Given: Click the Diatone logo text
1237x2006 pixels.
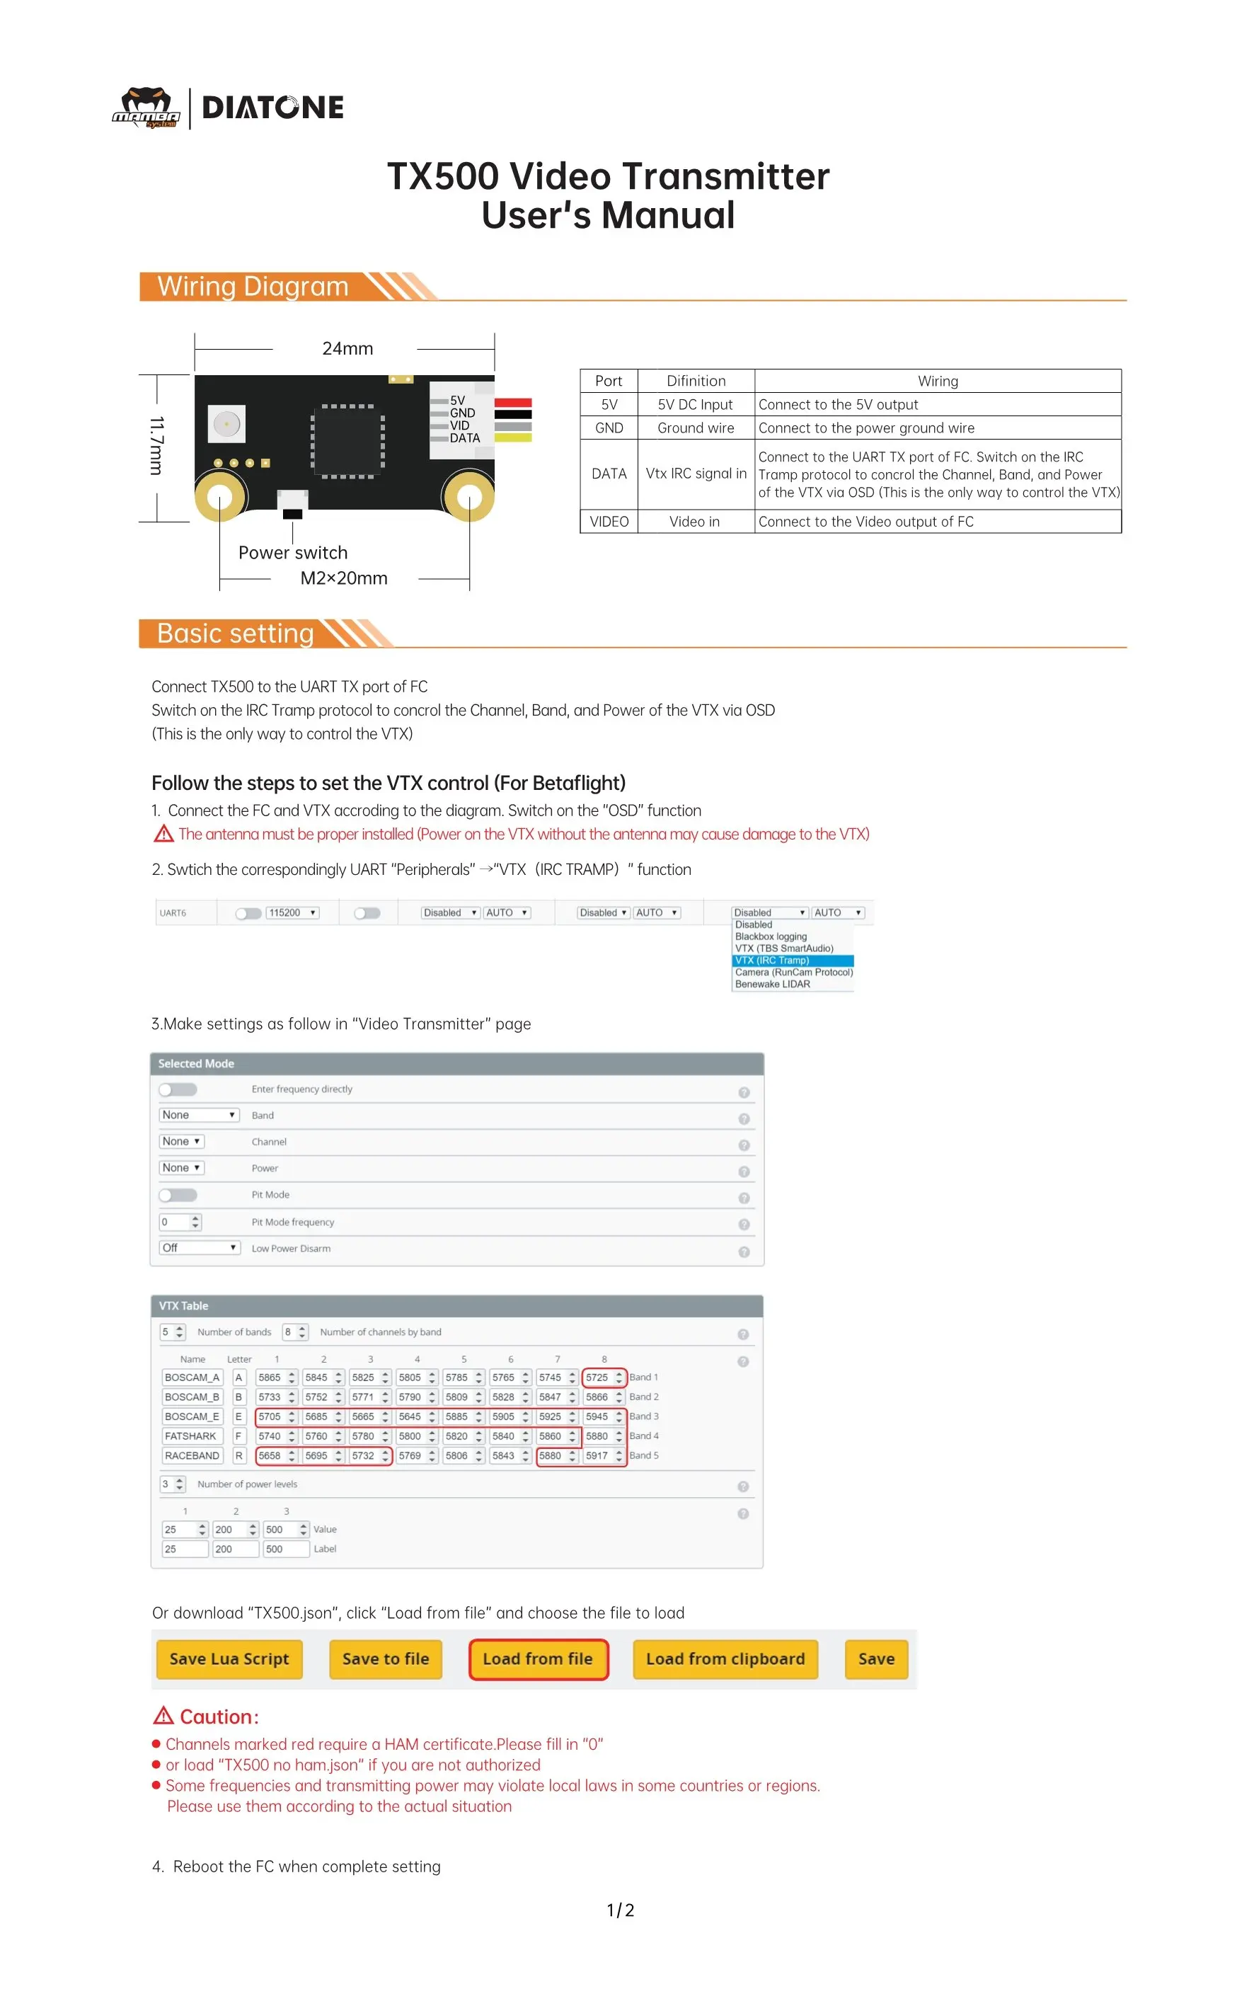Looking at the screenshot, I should click(272, 107).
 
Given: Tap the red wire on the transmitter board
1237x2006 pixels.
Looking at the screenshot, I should click(513, 403).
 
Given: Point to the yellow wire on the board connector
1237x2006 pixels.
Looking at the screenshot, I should click(513, 437).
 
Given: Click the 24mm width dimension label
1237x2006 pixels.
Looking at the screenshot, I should click(347, 348).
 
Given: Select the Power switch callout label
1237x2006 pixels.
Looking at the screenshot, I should click(293, 552).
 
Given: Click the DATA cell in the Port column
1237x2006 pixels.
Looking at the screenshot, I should click(609, 474).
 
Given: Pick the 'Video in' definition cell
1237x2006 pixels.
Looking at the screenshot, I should click(695, 522).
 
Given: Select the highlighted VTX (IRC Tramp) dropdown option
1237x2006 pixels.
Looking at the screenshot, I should click(792, 961).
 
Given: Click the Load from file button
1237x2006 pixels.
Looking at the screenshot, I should click(538, 1658).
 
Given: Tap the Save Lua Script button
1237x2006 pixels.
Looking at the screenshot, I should click(229, 1658).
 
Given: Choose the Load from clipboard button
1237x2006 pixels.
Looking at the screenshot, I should click(725, 1658).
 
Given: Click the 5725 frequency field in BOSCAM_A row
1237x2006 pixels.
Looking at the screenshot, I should click(598, 1377).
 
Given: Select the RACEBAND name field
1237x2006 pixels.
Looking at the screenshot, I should click(192, 1455).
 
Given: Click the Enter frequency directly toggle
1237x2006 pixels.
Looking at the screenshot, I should click(178, 1089).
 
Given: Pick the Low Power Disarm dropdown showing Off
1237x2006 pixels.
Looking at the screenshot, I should click(199, 1248).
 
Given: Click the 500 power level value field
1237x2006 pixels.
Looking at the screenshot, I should click(279, 1529).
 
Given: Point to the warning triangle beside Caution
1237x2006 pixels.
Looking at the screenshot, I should click(163, 1715).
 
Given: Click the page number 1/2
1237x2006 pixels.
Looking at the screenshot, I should click(619, 1910).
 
